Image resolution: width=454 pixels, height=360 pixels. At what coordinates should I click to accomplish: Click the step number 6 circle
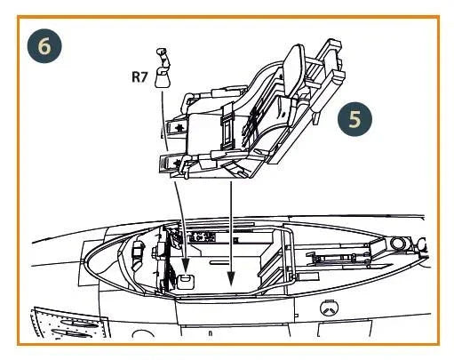pyautogui.click(x=44, y=46)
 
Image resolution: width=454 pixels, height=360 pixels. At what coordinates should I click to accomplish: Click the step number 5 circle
pyautogui.click(x=354, y=119)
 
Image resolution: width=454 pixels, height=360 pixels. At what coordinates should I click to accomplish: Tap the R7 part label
pyautogui.click(x=139, y=76)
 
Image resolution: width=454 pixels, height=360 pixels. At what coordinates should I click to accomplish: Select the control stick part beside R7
pyautogui.click(x=163, y=68)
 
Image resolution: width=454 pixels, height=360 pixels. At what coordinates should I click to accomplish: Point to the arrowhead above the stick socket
pyautogui.click(x=186, y=264)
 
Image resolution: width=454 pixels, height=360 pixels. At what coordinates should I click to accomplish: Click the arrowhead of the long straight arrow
pyautogui.click(x=231, y=279)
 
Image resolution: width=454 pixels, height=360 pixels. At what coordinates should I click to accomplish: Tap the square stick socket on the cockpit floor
pyautogui.click(x=185, y=281)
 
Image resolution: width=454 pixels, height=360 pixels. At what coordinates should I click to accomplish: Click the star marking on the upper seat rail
pyautogui.click(x=179, y=128)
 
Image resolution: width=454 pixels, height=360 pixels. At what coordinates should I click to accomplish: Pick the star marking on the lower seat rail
pyautogui.click(x=177, y=163)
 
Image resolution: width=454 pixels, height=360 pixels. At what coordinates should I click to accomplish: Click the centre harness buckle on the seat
pyautogui.click(x=227, y=128)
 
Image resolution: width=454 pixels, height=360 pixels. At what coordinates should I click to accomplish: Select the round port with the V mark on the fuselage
pyautogui.click(x=330, y=308)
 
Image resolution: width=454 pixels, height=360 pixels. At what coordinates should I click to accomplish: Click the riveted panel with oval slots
pyautogui.click(x=69, y=323)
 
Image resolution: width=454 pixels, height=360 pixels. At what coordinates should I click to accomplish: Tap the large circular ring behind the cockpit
pyautogui.click(x=398, y=243)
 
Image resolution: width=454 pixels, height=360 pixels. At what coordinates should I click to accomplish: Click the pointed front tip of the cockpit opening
pyautogui.click(x=85, y=261)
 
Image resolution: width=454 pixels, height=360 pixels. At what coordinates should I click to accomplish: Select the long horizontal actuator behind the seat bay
pyautogui.click(x=338, y=258)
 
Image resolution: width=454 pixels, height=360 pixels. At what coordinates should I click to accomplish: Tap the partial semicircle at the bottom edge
pyautogui.click(x=143, y=333)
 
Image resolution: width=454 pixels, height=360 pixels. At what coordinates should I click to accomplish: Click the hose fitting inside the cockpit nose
pyautogui.click(x=139, y=254)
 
